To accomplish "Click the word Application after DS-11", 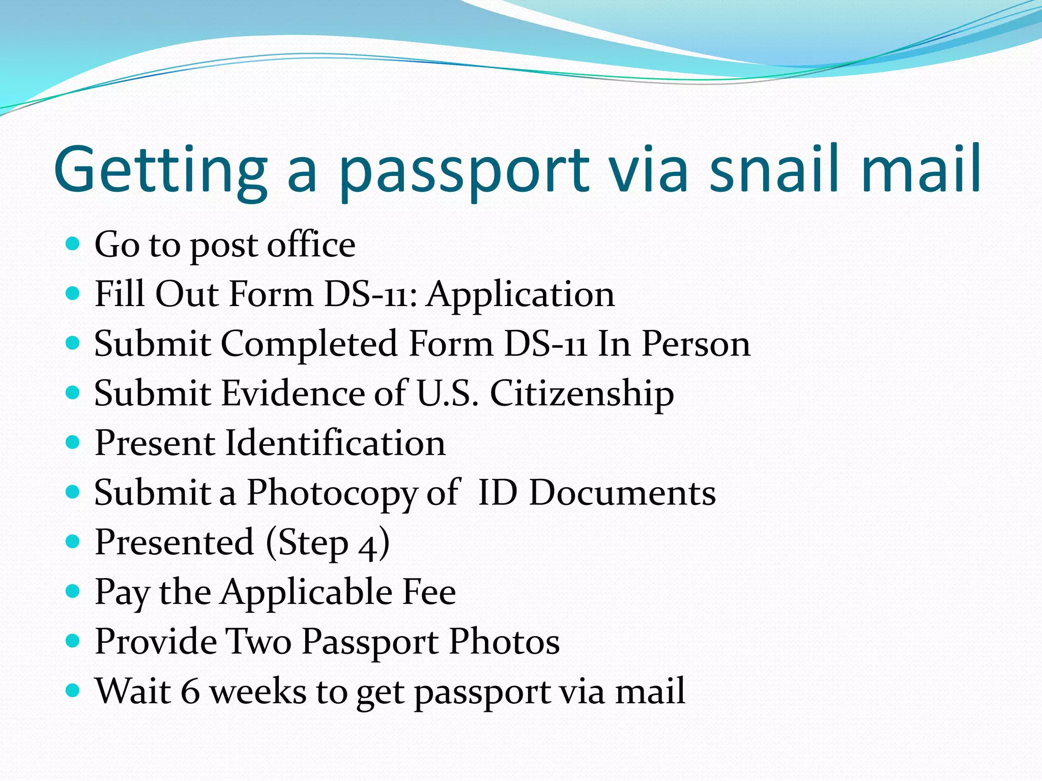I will (x=520, y=295).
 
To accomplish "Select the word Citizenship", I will (x=582, y=394).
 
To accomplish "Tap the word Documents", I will (x=622, y=493).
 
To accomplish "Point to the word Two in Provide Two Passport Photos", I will (x=258, y=642).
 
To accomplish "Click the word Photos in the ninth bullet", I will (x=504, y=642).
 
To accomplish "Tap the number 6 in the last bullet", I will (x=190, y=692).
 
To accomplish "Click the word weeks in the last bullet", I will (x=258, y=692).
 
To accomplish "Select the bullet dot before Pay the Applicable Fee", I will (x=73, y=591).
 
